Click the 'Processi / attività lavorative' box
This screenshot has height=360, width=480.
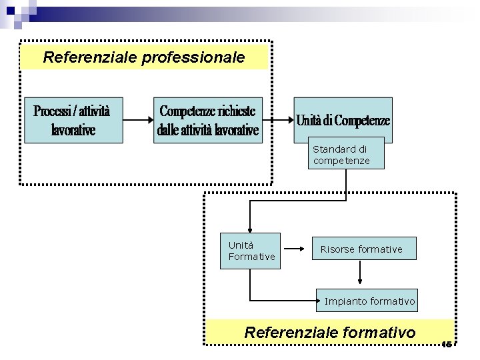click(73, 120)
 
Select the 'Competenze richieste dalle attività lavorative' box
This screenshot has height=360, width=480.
click(208, 120)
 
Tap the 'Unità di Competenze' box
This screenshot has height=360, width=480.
click(343, 120)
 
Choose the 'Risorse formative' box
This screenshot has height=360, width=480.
click(361, 249)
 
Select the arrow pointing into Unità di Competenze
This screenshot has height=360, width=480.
click(279, 120)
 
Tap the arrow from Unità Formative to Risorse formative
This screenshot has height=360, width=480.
click(297, 249)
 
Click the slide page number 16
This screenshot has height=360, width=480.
click(446, 344)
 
